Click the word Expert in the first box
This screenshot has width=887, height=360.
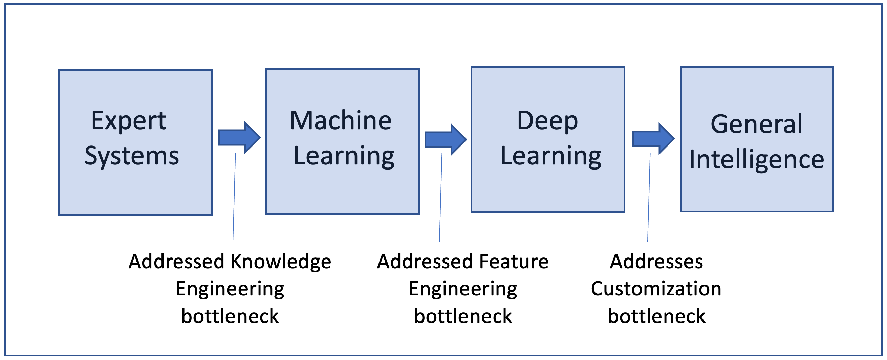click(128, 121)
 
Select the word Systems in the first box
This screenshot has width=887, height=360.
click(132, 156)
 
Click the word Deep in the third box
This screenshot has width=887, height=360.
click(547, 121)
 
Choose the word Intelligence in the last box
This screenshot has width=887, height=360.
click(757, 160)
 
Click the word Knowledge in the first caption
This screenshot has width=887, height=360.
click(281, 262)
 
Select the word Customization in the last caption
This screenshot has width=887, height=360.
click(656, 288)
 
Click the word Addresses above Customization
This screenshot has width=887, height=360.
click(656, 262)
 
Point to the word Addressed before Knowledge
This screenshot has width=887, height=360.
click(177, 262)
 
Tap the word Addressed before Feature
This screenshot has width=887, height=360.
click(425, 262)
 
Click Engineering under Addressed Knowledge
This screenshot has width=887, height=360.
click(230, 288)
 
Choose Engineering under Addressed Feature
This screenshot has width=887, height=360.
click(463, 288)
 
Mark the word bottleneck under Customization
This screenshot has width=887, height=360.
click(656, 316)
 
